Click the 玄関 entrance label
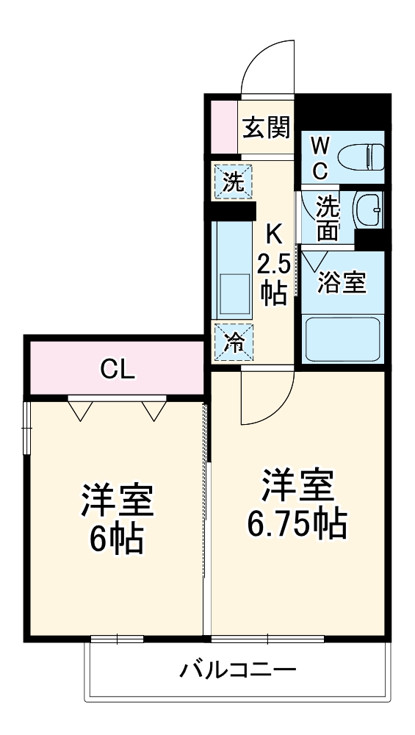coord(267,127)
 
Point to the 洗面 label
coord(327,218)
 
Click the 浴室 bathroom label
coord(341,283)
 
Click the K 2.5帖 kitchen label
coord(273,265)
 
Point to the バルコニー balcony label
coord(237,670)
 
